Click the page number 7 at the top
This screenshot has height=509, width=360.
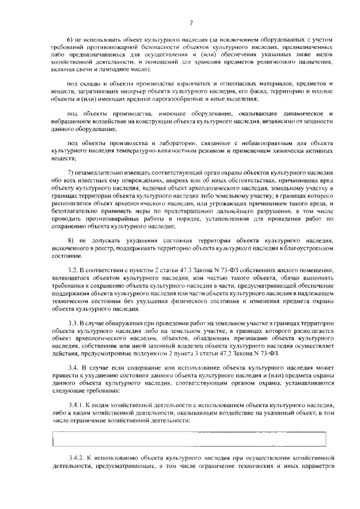coord(191,23)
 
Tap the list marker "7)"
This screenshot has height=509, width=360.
coord(71,171)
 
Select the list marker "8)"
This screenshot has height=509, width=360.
coord(71,240)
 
